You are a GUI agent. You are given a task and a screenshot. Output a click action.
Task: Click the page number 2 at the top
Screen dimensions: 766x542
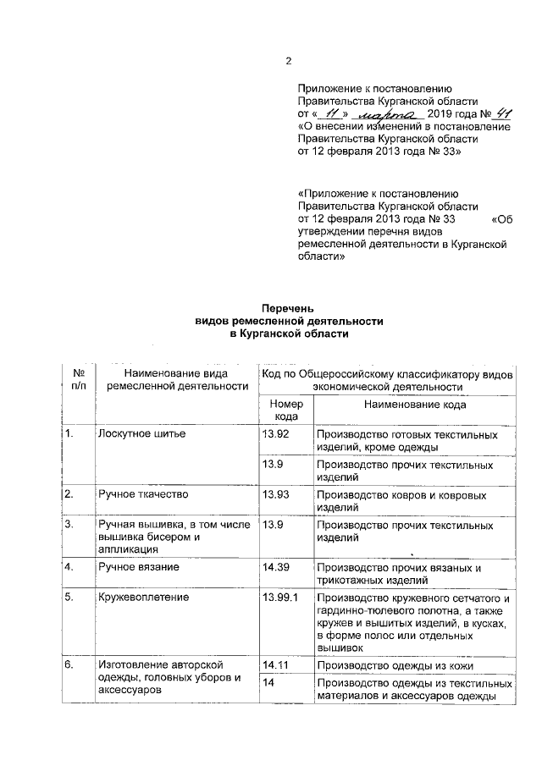pos(288,61)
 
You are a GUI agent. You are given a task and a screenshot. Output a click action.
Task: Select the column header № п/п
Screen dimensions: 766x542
pos(79,379)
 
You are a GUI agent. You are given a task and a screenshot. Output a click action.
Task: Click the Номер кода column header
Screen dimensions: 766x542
pos(284,411)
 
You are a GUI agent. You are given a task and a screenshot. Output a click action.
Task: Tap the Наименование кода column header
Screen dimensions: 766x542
pos(415,405)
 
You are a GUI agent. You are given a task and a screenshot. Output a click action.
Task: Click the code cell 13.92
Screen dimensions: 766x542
pos(276,434)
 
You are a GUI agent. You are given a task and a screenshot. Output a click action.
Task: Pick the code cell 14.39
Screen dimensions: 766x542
pos(276,566)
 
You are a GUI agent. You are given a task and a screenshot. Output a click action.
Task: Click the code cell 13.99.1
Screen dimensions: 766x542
pos(281,597)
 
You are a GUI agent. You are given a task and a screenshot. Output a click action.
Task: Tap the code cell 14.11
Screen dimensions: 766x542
pos(276,664)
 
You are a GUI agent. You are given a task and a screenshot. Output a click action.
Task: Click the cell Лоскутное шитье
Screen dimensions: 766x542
pos(141,434)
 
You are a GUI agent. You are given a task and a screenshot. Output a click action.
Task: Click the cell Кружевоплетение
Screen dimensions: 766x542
pos(143,597)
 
